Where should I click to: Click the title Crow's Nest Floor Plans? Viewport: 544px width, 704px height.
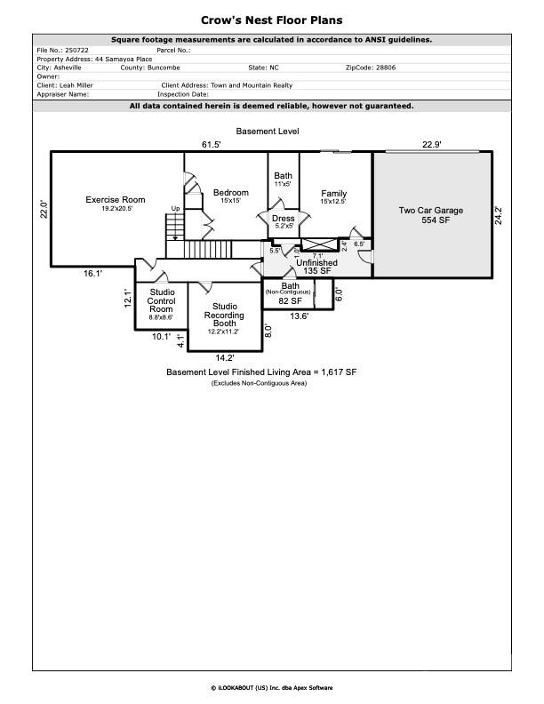271,20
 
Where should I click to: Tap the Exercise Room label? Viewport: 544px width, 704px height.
115,200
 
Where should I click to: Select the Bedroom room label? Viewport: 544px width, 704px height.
231,193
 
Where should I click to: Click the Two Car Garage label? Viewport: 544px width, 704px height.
431,211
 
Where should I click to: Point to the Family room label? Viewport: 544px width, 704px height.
333,194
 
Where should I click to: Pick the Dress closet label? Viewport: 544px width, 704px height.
283,219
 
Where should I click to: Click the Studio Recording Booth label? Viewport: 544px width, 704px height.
224,315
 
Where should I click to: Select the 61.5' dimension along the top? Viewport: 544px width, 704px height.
211,144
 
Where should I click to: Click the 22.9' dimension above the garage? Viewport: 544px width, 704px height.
431,144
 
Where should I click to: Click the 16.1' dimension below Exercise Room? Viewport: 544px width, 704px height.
92,274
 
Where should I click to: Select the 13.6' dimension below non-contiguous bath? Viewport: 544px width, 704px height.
299,316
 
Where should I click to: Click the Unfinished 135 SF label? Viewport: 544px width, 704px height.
316,267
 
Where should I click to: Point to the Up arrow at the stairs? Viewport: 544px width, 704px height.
175,210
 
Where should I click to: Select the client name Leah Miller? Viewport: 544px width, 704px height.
76,85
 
